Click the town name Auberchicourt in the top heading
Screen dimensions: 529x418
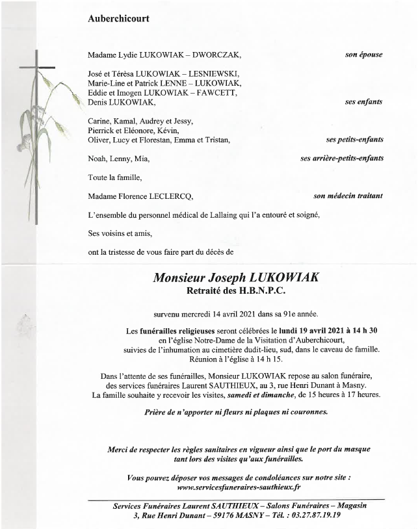[118, 19]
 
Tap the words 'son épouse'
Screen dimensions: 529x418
[363, 55]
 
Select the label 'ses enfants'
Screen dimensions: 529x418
[363, 102]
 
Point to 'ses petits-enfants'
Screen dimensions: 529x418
[354, 140]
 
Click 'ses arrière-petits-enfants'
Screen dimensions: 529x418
[341, 158]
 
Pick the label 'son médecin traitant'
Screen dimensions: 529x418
[348, 196]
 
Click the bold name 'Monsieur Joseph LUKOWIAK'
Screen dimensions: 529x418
[236, 277]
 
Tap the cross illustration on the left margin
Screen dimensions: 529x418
[36, 130]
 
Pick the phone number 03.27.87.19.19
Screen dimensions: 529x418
[311, 515]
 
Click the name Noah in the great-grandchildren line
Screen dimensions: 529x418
[98, 159]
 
